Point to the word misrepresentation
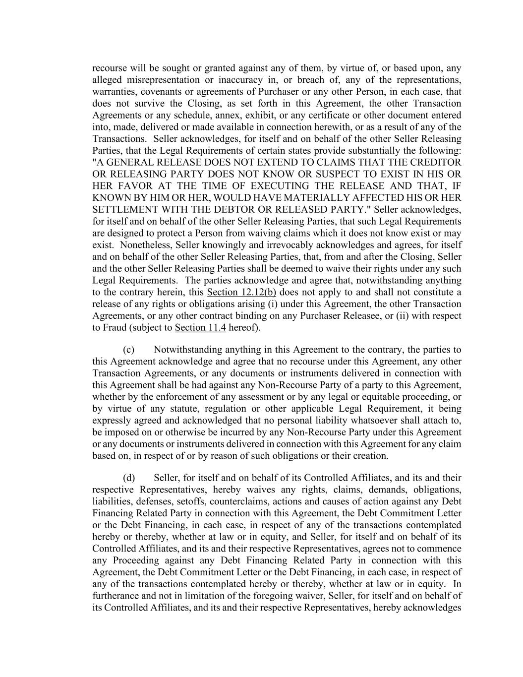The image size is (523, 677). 162,80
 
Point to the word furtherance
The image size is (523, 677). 116,596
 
